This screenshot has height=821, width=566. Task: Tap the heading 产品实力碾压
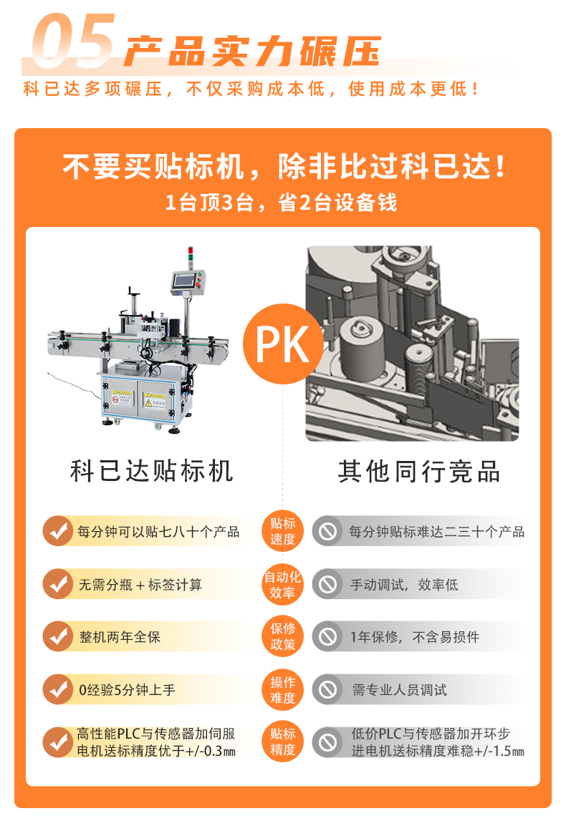pos(251,51)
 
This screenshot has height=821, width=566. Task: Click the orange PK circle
pos(282,344)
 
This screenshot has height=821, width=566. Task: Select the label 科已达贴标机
pos(152,472)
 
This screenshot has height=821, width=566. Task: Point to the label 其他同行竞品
pos(419,472)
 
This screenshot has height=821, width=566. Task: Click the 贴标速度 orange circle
pos(283,532)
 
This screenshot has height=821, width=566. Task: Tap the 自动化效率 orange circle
pos(283,585)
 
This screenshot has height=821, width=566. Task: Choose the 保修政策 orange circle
pos(283,636)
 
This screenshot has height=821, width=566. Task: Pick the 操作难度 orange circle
pos(283,689)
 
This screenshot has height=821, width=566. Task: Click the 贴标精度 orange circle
pos(283,742)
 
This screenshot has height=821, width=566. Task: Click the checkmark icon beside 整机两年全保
pos(57,637)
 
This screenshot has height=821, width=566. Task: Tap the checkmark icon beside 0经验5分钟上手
pos(57,690)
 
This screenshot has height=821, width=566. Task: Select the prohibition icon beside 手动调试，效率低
pos(328,585)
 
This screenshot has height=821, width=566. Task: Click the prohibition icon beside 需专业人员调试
pos(328,690)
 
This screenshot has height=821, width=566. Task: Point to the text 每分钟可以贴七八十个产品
pos(158,532)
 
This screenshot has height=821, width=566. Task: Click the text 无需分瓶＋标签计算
pos(140,585)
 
